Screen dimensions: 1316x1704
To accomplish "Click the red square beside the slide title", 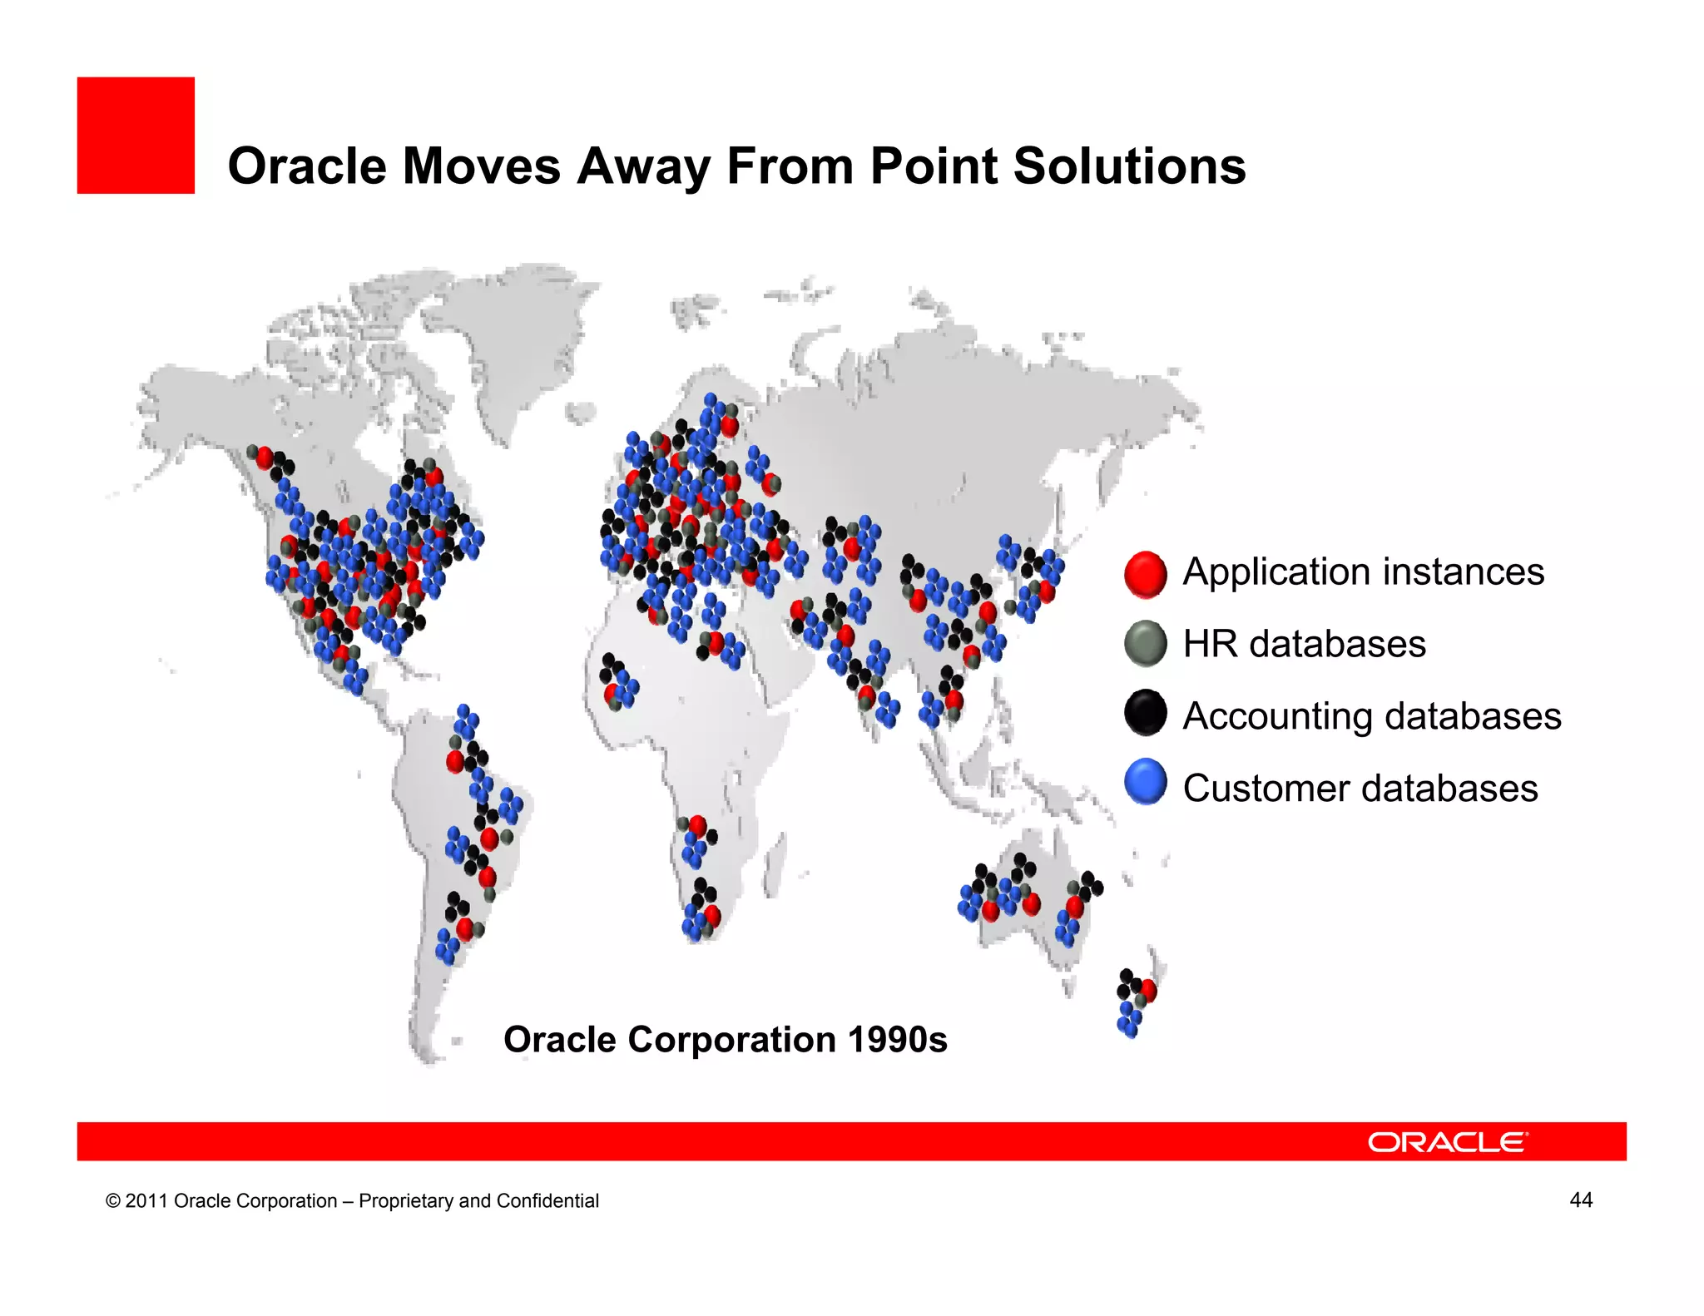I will (x=136, y=136).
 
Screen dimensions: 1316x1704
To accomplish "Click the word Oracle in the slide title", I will (x=306, y=166).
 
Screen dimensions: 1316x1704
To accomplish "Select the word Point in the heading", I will (x=932, y=166).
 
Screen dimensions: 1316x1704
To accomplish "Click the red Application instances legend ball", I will (x=1145, y=574).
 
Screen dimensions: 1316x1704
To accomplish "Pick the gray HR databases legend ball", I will (x=1145, y=644).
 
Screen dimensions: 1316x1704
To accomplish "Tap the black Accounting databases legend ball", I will (x=1145, y=714).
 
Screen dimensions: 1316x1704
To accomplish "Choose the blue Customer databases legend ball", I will (x=1145, y=783).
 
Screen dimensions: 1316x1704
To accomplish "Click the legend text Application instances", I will (x=1363, y=572).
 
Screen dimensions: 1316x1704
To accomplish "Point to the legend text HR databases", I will (x=1304, y=645).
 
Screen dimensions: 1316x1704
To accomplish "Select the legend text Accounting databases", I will (x=1371, y=716).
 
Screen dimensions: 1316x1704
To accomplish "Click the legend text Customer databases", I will (x=1360, y=789).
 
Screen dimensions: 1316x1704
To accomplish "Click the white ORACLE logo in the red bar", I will (x=1447, y=1142).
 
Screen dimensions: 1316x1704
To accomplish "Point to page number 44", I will (x=1580, y=1200).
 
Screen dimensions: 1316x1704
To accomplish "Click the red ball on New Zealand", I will (x=1149, y=990).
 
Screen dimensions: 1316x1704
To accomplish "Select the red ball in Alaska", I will (x=265, y=458).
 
